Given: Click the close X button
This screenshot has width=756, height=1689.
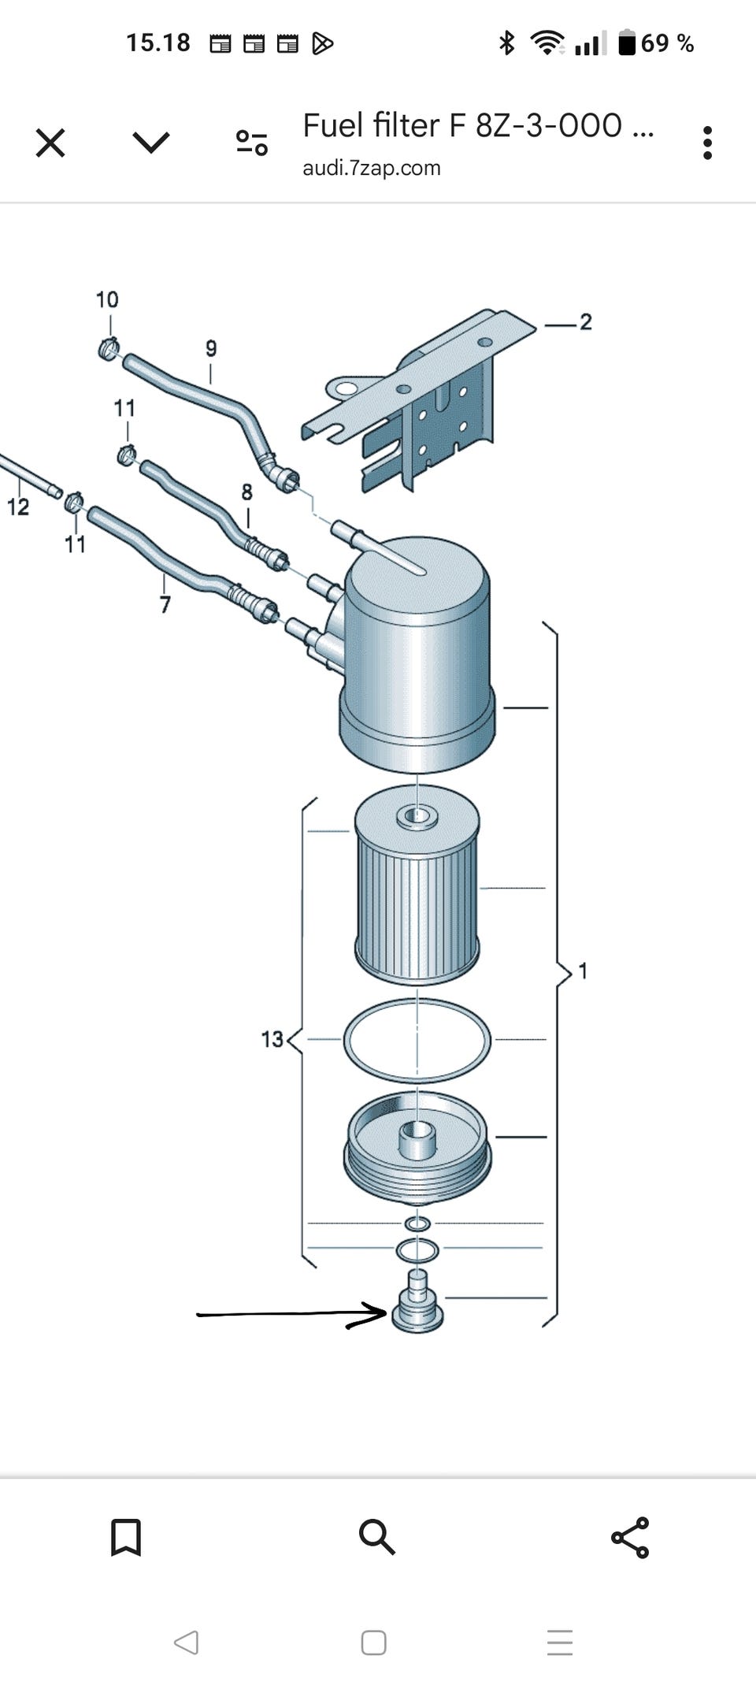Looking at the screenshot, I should tap(50, 143).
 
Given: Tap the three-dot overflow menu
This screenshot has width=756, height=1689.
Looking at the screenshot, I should tap(707, 143).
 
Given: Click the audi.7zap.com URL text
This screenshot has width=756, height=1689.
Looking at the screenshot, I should tap(371, 168).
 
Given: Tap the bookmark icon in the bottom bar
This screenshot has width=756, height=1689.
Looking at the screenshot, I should tap(126, 1537).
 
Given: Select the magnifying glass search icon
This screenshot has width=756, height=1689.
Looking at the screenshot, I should tap(376, 1537).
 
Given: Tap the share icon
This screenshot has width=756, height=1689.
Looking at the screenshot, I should tap(630, 1537).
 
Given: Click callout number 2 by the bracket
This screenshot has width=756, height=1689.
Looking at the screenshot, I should tap(585, 322).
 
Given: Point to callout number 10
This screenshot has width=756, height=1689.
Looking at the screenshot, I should tap(107, 300).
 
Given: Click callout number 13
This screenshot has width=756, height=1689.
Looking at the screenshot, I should tap(272, 1040).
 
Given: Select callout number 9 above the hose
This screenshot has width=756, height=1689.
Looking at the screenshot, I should tap(210, 348).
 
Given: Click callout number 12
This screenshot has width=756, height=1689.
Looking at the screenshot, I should tap(18, 507).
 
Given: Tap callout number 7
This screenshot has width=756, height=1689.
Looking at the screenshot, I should tap(165, 604).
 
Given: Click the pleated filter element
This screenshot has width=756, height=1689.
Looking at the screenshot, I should tap(417, 898).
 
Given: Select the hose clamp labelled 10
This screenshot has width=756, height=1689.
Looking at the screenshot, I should tap(109, 347).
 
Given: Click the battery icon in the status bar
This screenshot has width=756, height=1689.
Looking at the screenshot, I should tap(627, 43).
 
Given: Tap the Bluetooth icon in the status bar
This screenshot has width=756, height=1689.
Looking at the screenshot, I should tap(507, 43).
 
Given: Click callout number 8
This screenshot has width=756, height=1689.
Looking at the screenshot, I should tap(246, 492).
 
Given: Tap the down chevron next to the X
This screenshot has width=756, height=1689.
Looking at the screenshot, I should tap(151, 143).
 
